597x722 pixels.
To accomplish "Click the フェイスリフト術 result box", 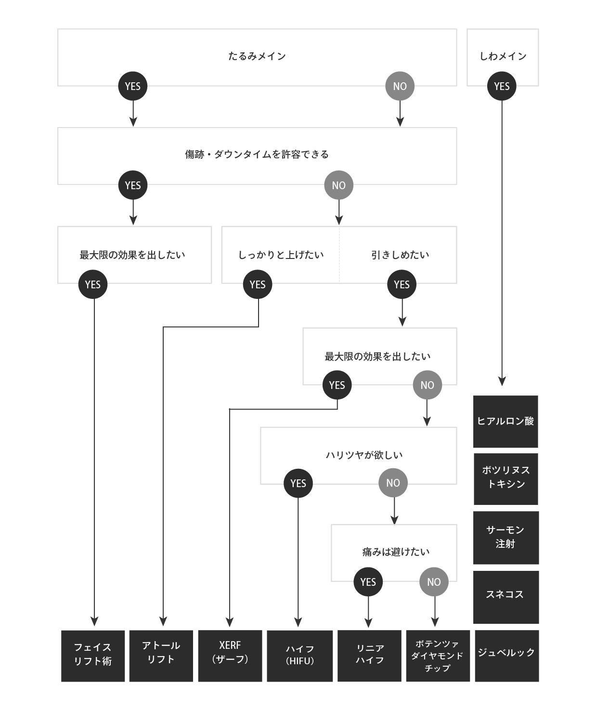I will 93,656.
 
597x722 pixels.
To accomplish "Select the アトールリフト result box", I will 161,656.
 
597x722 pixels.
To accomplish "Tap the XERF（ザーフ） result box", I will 230,656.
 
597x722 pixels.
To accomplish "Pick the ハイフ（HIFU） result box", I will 299,656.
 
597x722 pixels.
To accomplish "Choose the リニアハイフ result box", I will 369,656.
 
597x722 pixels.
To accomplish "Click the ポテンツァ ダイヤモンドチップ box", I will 438,656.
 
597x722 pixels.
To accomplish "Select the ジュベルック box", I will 506,656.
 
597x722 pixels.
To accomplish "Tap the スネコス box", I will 506,597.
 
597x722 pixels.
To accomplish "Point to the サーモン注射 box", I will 506,537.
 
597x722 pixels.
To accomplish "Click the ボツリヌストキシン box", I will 506,478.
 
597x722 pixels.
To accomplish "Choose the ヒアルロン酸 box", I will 506,421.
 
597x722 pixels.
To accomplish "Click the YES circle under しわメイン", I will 502,86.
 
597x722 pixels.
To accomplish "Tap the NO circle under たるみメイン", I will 400,86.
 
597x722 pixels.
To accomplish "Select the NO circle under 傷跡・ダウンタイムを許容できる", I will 338,185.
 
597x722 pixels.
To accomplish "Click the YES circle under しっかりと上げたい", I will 258,284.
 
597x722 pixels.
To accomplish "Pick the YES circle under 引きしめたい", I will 402,284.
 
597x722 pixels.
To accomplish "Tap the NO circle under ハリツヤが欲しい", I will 393,483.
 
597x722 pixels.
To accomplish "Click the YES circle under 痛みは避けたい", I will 368,582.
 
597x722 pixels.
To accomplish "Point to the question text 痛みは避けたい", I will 396,552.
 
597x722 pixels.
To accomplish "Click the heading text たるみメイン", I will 257,56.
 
